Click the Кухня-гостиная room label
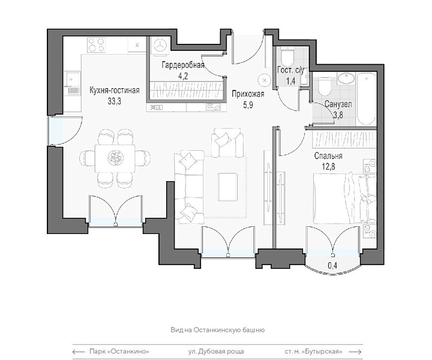[115, 91]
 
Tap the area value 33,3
[115, 101]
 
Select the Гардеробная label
[183, 65]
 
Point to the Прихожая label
[248, 94]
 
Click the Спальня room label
[328, 156]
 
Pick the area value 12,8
[328, 166]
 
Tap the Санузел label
[338, 104]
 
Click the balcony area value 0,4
[332, 265]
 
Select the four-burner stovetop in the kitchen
[97, 45]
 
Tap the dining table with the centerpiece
[115, 158]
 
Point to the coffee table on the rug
[227, 187]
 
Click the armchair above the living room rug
[227, 142]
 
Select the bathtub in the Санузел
[366, 98]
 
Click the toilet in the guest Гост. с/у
[287, 56]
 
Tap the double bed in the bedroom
[345, 198]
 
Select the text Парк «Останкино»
[119, 352]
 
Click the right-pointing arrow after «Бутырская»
[355, 352]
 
